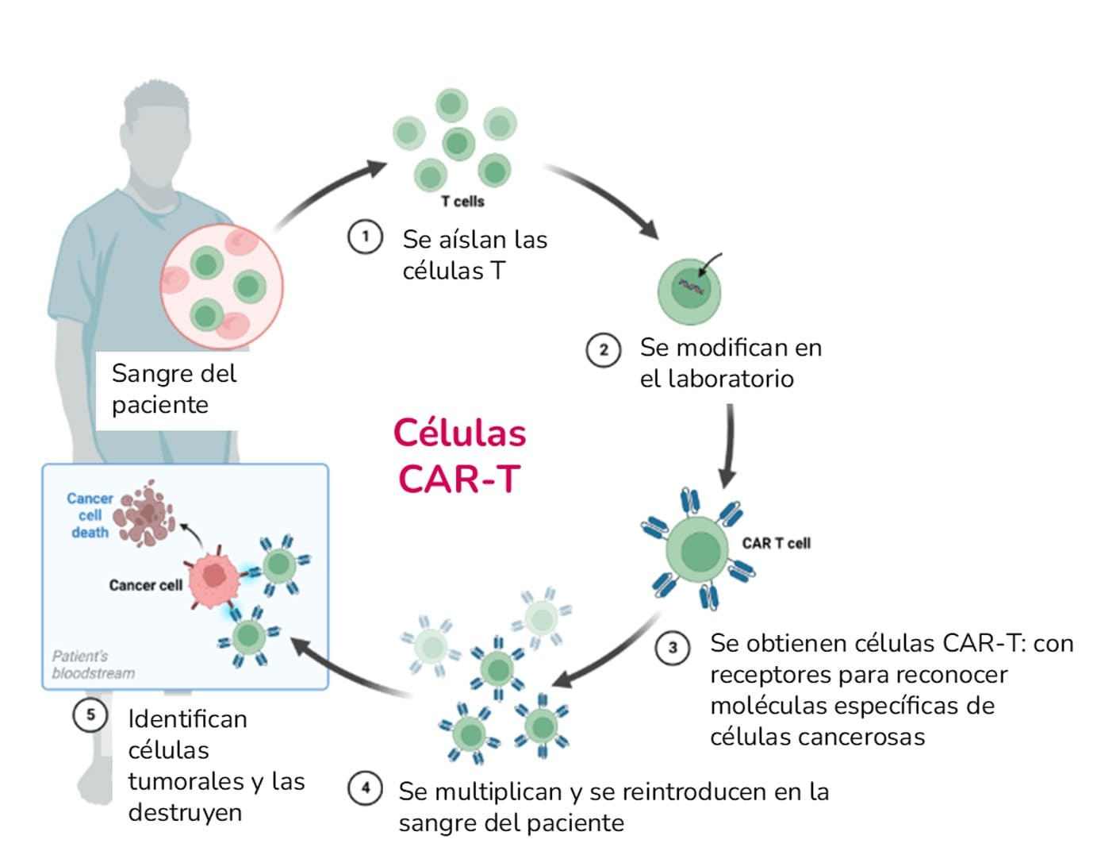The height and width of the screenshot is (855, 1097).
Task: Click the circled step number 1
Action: tap(365, 237)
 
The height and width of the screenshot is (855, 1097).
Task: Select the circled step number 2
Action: tap(603, 349)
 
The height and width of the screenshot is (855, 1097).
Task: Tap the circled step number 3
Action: tap(673, 648)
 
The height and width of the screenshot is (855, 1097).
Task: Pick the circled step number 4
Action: tap(365, 788)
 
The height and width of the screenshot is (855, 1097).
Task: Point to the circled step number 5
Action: tap(90, 714)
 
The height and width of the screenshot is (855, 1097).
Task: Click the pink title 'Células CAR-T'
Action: tap(459, 456)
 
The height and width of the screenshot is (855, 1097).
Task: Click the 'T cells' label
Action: tap(462, 202)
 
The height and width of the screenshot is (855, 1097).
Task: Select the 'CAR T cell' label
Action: tap(776, 543)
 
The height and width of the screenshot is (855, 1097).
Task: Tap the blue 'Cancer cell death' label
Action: tap(90, 515)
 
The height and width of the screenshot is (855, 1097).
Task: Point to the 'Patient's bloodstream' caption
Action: tap(93, 664)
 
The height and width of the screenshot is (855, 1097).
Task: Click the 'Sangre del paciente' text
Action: tap(174, 388)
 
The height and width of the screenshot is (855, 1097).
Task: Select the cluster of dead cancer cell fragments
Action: tap(144, 514)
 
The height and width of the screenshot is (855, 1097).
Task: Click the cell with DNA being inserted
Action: tap(689, 290)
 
